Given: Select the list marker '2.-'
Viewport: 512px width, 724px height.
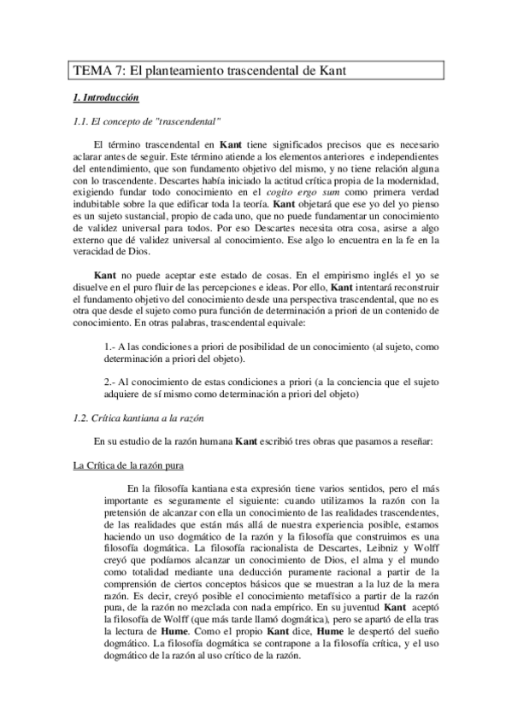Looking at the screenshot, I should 110,380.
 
